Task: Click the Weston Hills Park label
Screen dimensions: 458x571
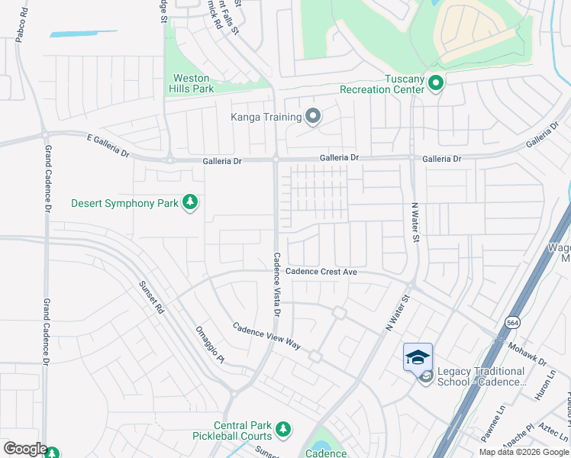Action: click(192, 83)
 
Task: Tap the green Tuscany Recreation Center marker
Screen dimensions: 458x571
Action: click(436, 82)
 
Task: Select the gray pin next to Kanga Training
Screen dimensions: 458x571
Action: click(312, 117)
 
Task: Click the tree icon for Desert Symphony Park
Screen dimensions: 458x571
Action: click(190, 203)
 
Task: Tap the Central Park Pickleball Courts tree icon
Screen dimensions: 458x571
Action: click(283, 430)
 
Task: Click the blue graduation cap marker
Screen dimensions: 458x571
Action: click(418, 357)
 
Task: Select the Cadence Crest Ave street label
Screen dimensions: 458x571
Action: click(321, 272)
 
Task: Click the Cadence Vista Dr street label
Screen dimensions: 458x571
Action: click(277, 284)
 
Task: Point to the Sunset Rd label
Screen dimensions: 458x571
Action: click(151, 298)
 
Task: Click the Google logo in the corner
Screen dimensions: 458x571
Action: click(24, 450)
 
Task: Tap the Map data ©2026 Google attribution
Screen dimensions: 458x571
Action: click(524, 452)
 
